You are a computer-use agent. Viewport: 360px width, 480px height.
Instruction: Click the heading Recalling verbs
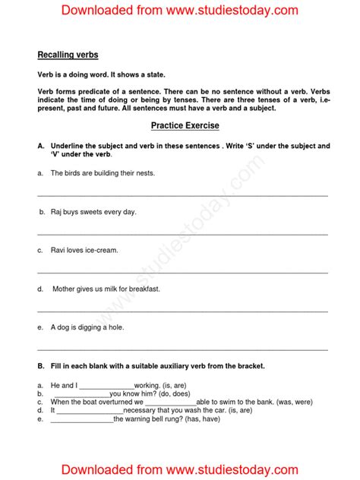pos(68,55)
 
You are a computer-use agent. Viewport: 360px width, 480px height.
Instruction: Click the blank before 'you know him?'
pos(80,394)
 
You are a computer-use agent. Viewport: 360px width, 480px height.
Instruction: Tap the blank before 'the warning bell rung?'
pos(81,419)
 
